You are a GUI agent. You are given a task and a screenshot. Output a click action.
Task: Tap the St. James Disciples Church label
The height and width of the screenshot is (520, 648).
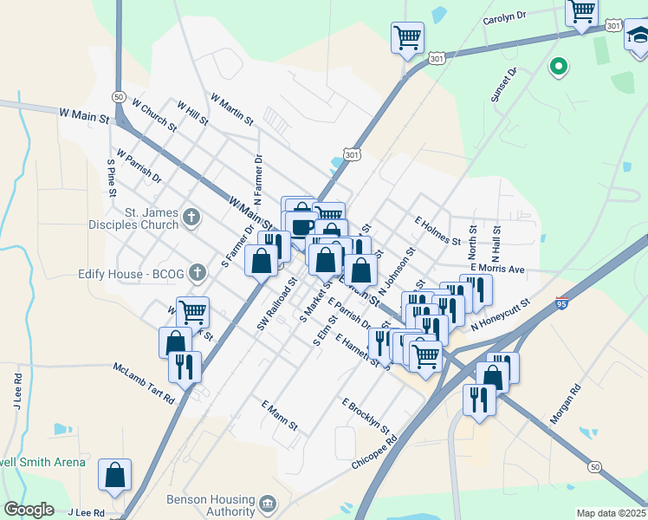pos(152,218)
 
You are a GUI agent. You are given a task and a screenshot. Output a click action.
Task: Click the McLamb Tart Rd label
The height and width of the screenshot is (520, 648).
pos(144,382)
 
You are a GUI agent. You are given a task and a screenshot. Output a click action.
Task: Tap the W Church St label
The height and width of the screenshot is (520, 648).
pos(154,114)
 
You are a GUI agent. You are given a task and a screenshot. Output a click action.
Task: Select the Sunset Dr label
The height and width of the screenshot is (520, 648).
pos(502,85)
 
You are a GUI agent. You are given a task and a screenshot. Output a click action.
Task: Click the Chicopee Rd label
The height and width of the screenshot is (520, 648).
pos(374,453)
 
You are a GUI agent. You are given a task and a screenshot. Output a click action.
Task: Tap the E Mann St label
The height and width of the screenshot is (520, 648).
pos(279,415)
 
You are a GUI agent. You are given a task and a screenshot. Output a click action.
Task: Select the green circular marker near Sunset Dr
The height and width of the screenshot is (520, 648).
pos(559,65)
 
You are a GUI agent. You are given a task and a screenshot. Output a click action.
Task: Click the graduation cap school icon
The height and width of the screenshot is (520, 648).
pos(638,36)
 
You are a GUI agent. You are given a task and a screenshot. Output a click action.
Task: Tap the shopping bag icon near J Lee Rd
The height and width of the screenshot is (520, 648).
pos(114,475)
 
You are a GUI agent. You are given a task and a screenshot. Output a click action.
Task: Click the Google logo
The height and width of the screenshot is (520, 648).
pos(29,510)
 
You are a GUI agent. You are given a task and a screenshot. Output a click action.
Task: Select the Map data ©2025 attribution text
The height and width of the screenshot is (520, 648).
pos(610,513)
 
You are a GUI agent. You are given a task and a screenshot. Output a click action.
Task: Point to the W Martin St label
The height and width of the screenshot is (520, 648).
pos(231,107)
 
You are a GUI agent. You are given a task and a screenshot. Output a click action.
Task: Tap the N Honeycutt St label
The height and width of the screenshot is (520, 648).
pos(500,315)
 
